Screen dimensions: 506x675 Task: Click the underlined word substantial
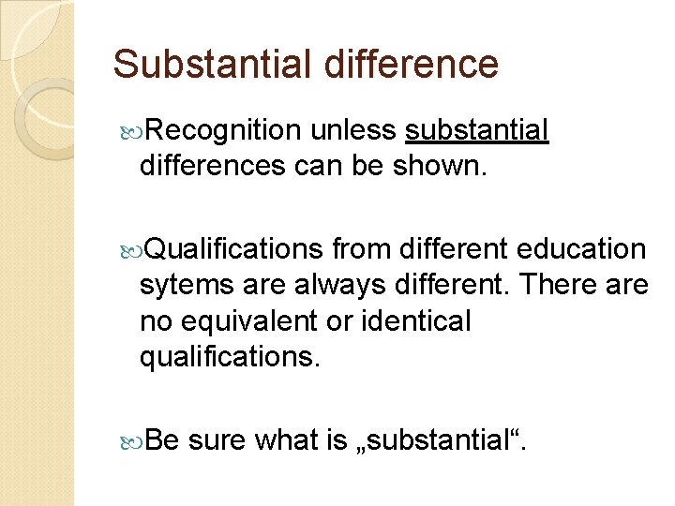click(x=477, y=132)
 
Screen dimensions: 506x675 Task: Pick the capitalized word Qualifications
click(x=234, y=249)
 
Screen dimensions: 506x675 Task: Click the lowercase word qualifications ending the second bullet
click(x=229, y=356)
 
